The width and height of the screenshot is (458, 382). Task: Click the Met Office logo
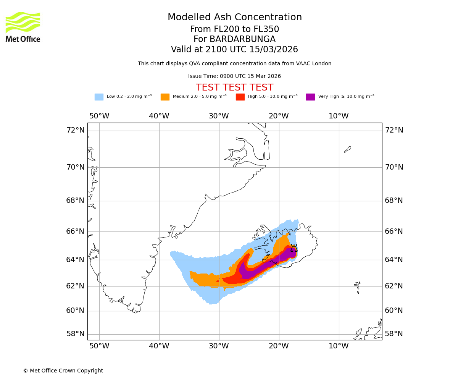click(x=23, y=27)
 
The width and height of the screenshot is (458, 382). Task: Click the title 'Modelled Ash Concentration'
click(x=234, y=18)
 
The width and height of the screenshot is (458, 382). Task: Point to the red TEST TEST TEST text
click(x=234, y=87)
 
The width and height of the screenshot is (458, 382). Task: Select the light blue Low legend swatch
click(x=99, y=97)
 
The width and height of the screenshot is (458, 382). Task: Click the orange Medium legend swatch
click(x=165, y=97)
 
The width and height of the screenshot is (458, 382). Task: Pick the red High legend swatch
click(x=240, y=97)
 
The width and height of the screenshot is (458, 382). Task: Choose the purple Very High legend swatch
click(x=310, y=97)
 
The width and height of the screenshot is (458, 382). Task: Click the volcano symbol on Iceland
click(x=294, y=248)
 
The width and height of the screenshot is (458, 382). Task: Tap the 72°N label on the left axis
click(x=76, y=130)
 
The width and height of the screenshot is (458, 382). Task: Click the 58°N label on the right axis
click(x=393, y=334)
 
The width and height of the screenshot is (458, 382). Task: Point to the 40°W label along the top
click(x=159, y=116)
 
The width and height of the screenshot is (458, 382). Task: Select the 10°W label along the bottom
click(x=339, y=346)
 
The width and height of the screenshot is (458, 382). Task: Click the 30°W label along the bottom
click(x=219, y=346)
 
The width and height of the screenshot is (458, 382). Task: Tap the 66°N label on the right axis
click(x=393, y=231)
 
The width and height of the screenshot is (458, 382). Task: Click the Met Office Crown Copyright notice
click(x=63, y=371)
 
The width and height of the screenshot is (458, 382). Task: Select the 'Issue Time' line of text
click(x=234, y=76)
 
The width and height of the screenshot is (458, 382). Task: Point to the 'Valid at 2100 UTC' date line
click(x=234, y=50)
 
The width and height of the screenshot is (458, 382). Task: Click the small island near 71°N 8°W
click(x=347, y=149)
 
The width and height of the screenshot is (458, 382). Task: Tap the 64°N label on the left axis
click(x=76, y=260)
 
